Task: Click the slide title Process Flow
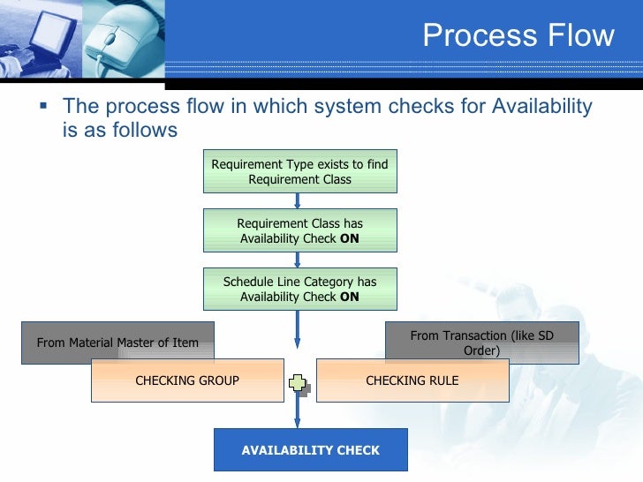click(x=518, y=35)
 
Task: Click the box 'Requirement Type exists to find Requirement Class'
click(x=299, y=171)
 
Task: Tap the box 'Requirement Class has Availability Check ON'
click(x=299, y=230)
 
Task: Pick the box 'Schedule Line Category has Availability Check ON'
click(x=299, y=290)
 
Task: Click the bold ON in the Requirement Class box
click(x=350, y=238)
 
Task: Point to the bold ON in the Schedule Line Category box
click(x=350, y=297)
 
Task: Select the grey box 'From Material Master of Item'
click(x=117, y=343)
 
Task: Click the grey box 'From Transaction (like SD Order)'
click(x=481, y=343)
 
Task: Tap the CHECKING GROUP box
click(x=187, y=380)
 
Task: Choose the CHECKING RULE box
click(x=412, y=380)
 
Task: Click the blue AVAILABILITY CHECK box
click(x=310, y=450)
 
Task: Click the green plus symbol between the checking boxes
click(x=299, y=382)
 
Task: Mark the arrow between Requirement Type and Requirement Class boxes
click(x=299, y=200)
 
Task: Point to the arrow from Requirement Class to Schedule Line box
click(x=299, y=260)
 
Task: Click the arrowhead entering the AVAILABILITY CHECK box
click(x=299, y=423)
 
